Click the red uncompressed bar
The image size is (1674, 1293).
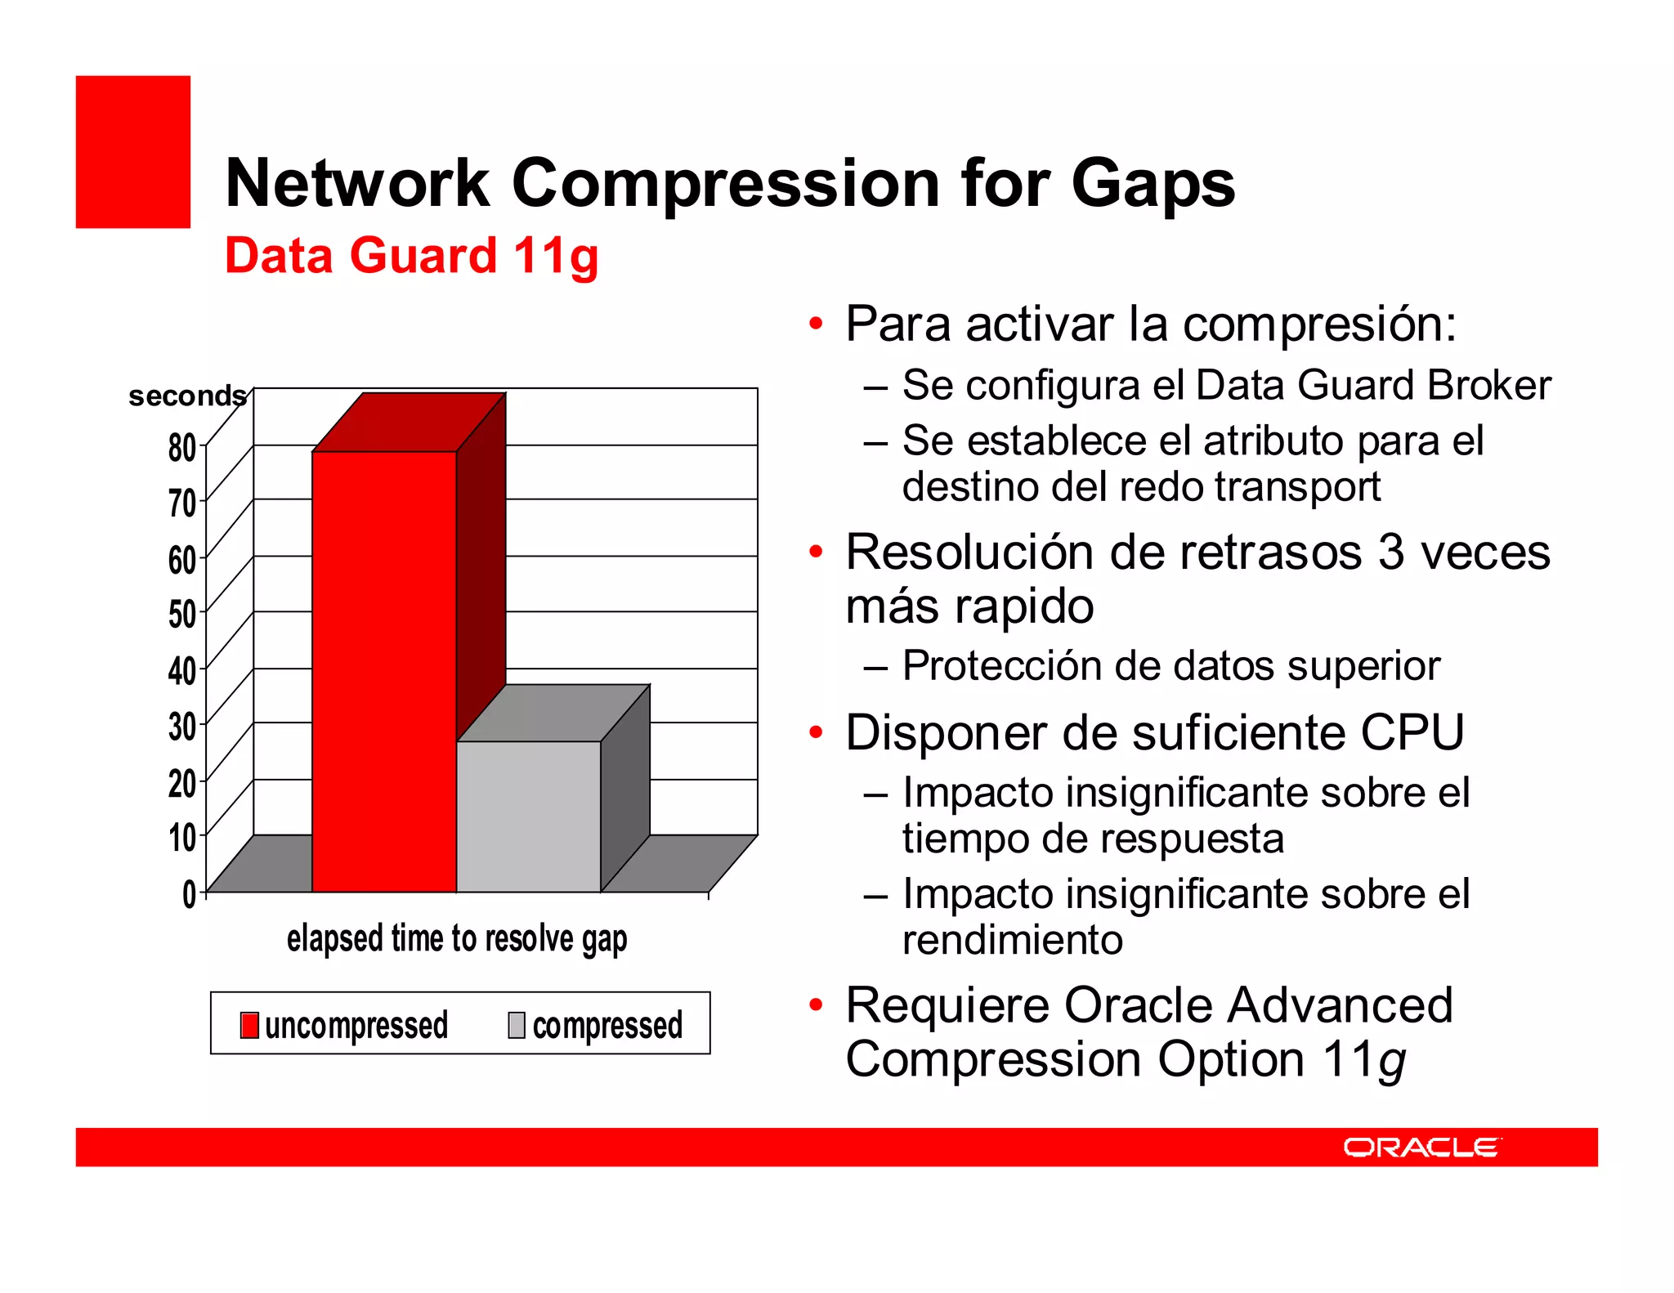tap(383, 670)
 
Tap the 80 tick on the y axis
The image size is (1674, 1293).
tap(182, 448)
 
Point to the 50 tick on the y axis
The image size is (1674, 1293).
tap(182, 614)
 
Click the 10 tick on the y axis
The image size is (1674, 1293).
tap(182, 838)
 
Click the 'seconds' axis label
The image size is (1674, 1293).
tap(187, 396)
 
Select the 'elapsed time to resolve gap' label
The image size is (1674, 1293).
tap(456, 938)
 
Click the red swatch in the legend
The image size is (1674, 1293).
tap(249, 1025)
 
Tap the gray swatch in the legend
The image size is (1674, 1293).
tap(517, 1025)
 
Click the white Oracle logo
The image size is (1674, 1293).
tap(1421, 1148)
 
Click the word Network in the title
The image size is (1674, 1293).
tap(357, 183)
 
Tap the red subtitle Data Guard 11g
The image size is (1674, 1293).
tap(411, 255)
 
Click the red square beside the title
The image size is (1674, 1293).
tap(133, 152)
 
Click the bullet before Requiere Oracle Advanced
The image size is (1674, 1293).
tap(815, 1004)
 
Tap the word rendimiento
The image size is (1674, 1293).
tap(1012, 940)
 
